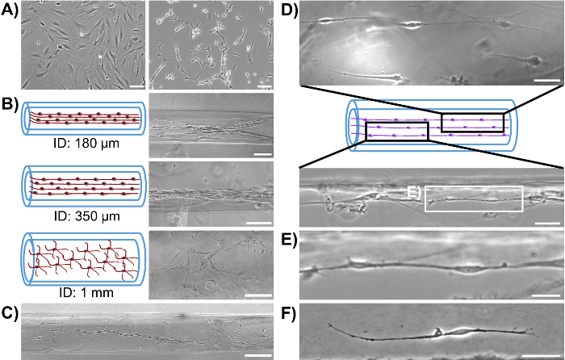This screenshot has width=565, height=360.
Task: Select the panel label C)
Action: pyautogui.click(x=10, y=310)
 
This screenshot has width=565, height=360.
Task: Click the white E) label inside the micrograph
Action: pyautogui.click(x=413, y=191)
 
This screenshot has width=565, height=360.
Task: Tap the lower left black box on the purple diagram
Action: pyautogui.click(x=396, y=131)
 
